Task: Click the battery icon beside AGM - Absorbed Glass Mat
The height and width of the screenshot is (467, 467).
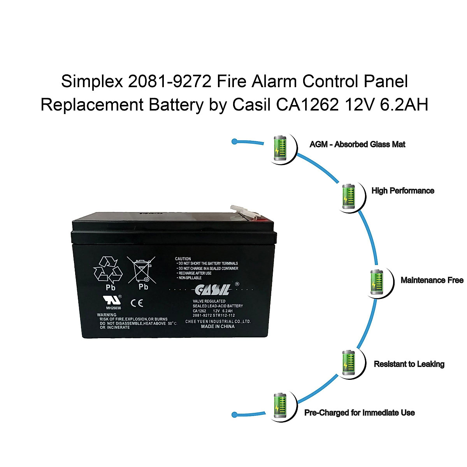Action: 280,147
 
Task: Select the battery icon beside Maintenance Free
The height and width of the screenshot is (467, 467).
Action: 376,281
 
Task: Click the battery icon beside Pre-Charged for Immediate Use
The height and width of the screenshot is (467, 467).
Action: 280,406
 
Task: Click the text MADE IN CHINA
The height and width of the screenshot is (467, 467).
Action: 218,327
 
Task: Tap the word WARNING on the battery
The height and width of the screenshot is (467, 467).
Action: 107,314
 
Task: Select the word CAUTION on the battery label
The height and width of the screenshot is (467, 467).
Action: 183,259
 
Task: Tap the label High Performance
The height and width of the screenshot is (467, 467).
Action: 403,191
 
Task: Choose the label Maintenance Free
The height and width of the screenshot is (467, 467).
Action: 432,280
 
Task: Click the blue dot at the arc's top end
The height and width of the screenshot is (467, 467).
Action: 234,141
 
